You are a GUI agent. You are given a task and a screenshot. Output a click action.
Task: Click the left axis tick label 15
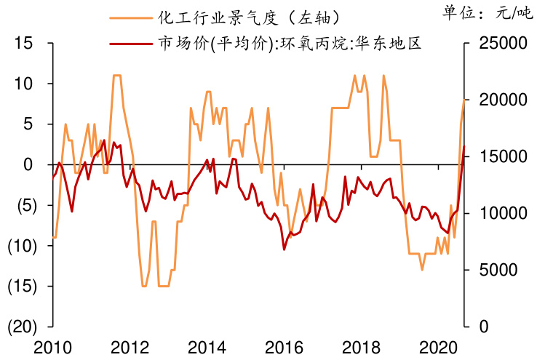click(x=25, y=44)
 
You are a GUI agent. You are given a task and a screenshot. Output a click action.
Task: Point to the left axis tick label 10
click(x=25, y=84)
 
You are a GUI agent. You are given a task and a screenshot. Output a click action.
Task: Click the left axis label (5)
click(x=25, y=205)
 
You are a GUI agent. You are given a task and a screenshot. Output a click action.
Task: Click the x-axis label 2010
click(x=53, y=346)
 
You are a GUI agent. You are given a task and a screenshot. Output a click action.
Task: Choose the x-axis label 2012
click(x=130, y=346)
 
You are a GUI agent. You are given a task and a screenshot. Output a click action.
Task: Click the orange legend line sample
click(x=130, y=17)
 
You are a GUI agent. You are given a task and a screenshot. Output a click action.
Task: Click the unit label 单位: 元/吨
click(x=486, y=12)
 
